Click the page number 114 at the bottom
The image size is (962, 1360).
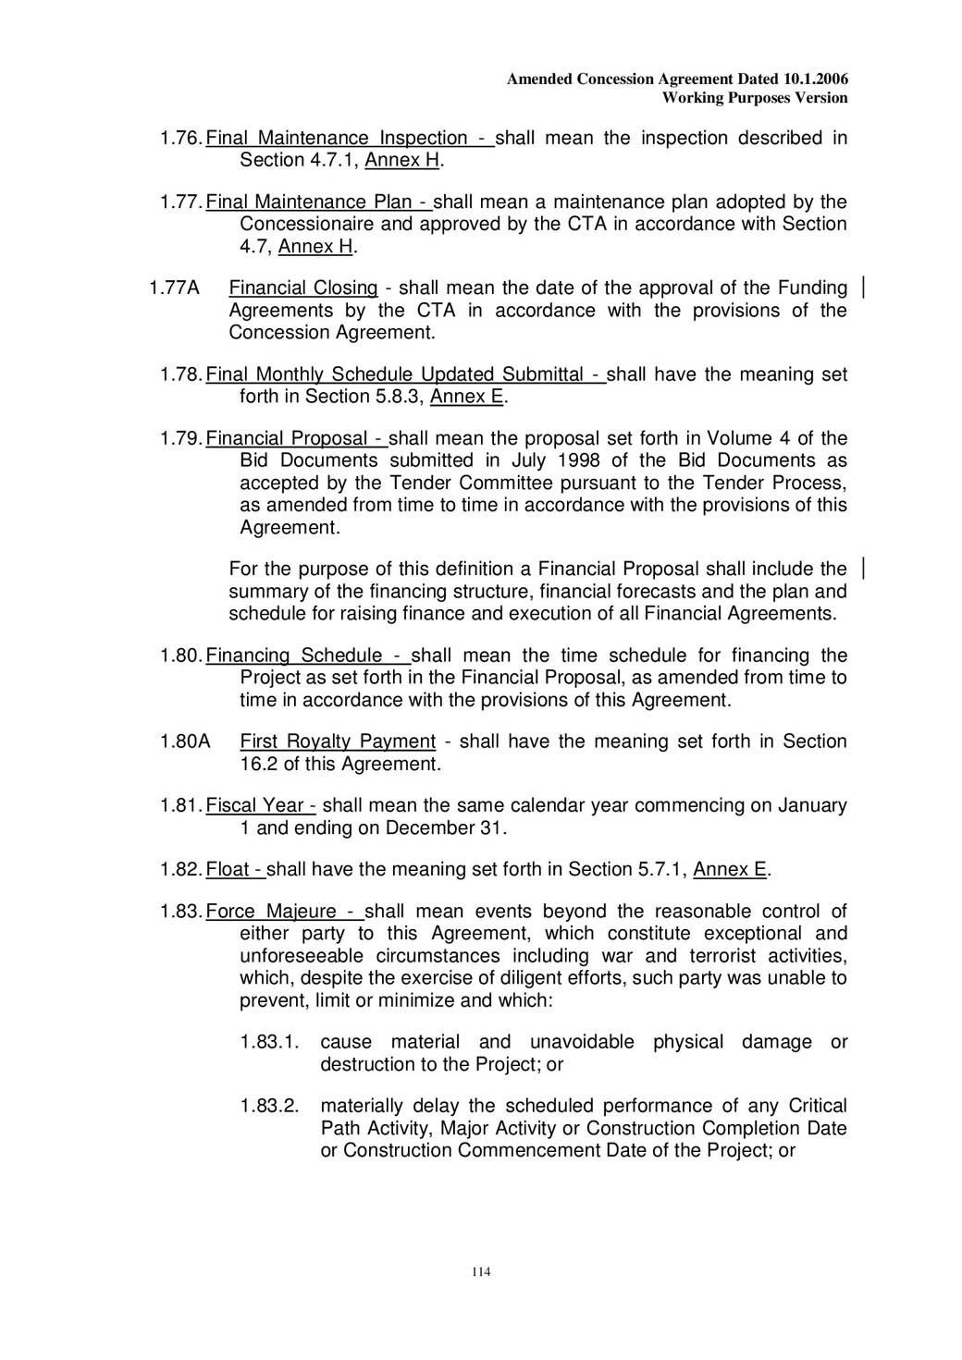pyautogui.click(x=481, y=1272)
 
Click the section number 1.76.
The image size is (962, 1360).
pyautogui.click(x=180, y=139)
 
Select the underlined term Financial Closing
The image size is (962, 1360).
pyautogui.click(x=303, y=288)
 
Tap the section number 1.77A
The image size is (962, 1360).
pyautogui.click(x=174, y=288)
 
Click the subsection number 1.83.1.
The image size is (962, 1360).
pyautogui.click(x=269, y=1042)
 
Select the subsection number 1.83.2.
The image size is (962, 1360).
pyautogui.click(x=269, y=1106)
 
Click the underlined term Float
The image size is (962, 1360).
pyautogui.click(x=228, y=870)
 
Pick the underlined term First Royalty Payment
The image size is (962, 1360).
pyautogui.click(x=338, y=741)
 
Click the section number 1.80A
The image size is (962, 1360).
pyautogui.click(x=185, y=741)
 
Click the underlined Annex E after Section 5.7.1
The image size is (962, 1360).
pyautogui.click(x=730, y=870)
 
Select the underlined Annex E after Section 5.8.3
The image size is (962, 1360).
pyautogui.click(x=467, y=398)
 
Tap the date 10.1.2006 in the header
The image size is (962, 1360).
pyautogui.click(x=815, y=80)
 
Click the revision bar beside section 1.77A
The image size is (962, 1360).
pyautogui.click(x=863, y=288)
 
